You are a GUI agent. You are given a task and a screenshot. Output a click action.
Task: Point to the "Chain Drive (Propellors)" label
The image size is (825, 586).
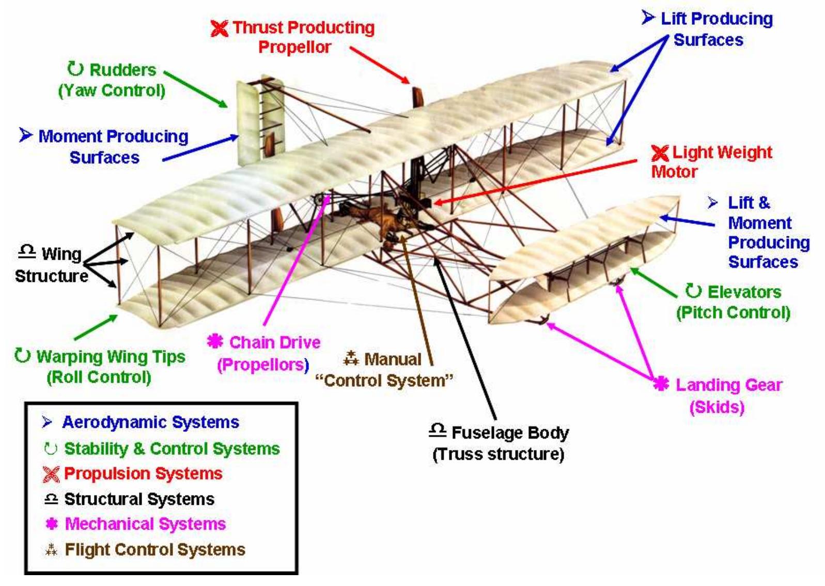coord(269,353)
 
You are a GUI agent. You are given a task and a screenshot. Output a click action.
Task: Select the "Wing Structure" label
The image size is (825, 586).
coord(52,265)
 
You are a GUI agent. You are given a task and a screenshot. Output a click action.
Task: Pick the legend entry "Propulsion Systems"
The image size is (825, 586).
coord(143,473)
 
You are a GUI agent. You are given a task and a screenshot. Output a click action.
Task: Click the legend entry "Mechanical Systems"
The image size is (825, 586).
coord(145,524)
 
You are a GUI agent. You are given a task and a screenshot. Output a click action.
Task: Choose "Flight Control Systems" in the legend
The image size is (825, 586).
coord(155,549)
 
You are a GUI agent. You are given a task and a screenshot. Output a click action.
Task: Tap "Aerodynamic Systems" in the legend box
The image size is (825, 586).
coord(150,422)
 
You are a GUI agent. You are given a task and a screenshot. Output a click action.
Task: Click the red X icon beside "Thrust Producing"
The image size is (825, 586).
coord(220,28)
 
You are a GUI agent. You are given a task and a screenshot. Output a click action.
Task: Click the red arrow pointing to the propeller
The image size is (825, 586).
coord(380,65)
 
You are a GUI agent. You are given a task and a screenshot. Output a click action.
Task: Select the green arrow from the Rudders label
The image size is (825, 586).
coord(196,88)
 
